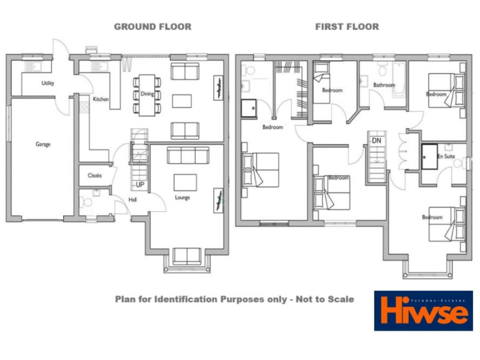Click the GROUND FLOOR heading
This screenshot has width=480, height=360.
(x=152, y=27)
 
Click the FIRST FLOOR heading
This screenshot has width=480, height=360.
(x=347, y=27)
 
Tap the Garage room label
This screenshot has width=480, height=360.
(x=42, y=144)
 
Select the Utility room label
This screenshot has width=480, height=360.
(x=47, y=82)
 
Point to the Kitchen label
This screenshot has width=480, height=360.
(x=101, y=99)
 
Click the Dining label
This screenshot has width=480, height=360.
(x=147, y=94)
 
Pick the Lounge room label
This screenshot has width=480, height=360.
(x=182, y=197)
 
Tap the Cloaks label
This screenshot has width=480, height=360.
(x=95, y=176)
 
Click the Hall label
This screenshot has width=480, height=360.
(x=132, y=199)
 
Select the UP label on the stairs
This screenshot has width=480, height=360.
(x=140, y=185)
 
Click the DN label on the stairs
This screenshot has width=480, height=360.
(x=376, y=141)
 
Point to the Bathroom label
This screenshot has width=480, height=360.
(x=384, y=85)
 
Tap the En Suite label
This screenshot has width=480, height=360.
(x=446, y=156)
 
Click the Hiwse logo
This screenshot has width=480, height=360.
(x=423, y=311)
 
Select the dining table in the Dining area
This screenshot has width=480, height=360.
(x=147, y=95)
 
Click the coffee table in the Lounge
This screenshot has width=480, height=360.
(x=185, y=182)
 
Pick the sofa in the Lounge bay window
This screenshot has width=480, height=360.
(x=187, y=256)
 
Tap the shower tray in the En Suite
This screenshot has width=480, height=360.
(x=429, y=156)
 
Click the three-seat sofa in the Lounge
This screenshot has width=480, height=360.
(x=187, y=155)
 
